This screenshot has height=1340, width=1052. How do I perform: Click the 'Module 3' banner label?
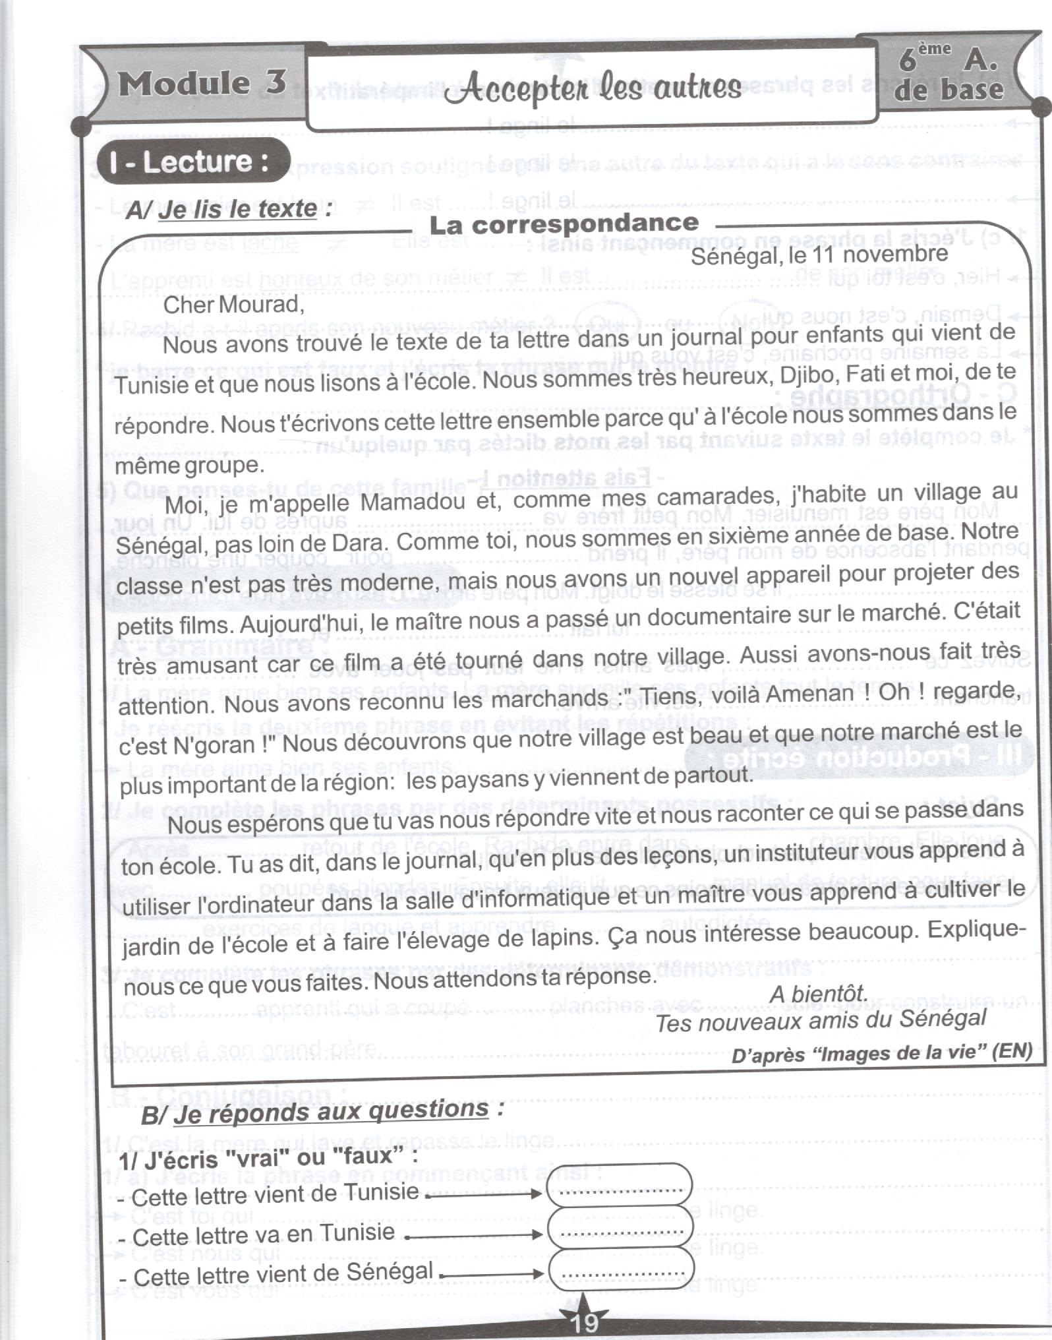pos(202,83)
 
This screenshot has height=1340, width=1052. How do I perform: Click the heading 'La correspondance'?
pos(564,224)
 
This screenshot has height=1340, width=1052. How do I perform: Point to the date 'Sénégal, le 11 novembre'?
pos(819,255)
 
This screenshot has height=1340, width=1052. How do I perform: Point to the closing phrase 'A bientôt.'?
pos(818,993)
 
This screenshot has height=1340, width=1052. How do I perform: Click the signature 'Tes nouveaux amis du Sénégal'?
pos(821,1020)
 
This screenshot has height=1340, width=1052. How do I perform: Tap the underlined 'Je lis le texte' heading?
pos(237,209)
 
